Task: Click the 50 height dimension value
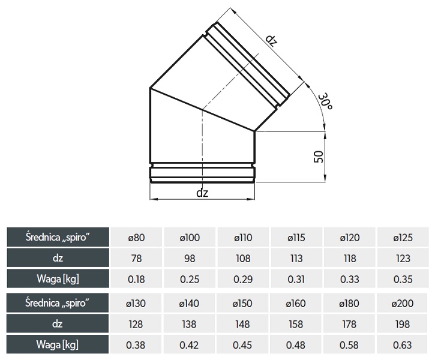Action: click(x=319, y=157)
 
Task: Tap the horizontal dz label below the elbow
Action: click(x=202, y=193)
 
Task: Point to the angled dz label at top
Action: click(x=271, y=40)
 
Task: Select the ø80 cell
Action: click(x=136, y=238)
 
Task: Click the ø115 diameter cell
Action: click(x=296, y=238)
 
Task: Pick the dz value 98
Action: click(x=190, y=259)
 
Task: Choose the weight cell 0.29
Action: click(x=243, y=279)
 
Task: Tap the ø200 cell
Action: click(x=403, y=303)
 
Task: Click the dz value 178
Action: click(x=349, y=324)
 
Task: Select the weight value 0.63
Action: click(x=403, y=345)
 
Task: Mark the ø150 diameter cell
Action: click(x=242, y=303)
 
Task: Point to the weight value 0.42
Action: click(x=189, y=345)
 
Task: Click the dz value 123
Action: click(x=403, y=259)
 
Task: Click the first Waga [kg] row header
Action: click(x=58, y=279)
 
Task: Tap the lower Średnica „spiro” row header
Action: click(x=58, y=303)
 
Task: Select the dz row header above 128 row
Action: click(x=58, y=323)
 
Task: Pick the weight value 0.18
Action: click(x=136, y=279)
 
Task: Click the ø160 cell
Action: click(x=296, y=303)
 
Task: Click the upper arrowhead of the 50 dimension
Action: click(x=325, y=134)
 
